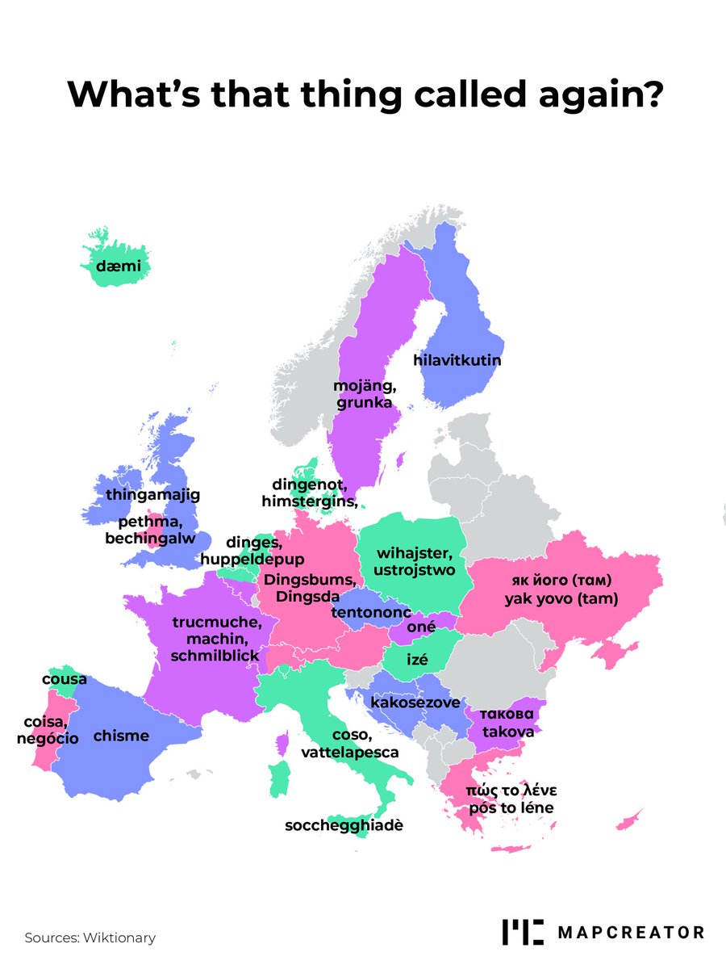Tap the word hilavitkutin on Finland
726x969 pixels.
click(x=457, y=360)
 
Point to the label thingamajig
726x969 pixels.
click(x=152, y=493)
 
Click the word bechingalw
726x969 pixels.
click(x=150, y=538)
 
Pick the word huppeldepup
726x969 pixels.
click(x=252, y=559)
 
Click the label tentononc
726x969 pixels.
click(x=372, y=613)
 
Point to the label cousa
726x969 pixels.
click(x=65, y=679)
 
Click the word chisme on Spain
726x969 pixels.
click(x=121, y=736)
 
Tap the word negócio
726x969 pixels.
click(x=48, y=738)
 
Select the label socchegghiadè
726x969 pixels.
click(x=344, y=826)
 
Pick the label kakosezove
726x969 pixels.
click(x=415, y=703)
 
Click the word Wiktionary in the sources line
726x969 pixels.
click(x=119, y=938)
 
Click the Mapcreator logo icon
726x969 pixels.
click(x=523, y=931)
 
